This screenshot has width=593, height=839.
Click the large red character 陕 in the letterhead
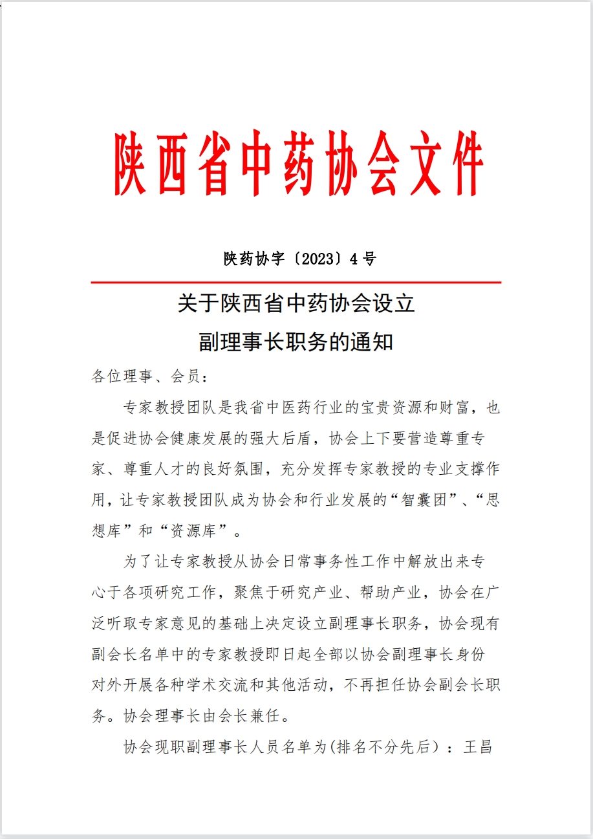coord(130,164)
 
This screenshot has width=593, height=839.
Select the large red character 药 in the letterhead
coord(297,164)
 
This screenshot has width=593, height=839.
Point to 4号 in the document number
coord(363,259)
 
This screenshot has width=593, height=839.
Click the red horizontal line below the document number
coord(296,283)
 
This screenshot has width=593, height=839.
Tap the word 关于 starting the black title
coord(194,303)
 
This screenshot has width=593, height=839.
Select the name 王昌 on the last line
coord(479,747)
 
